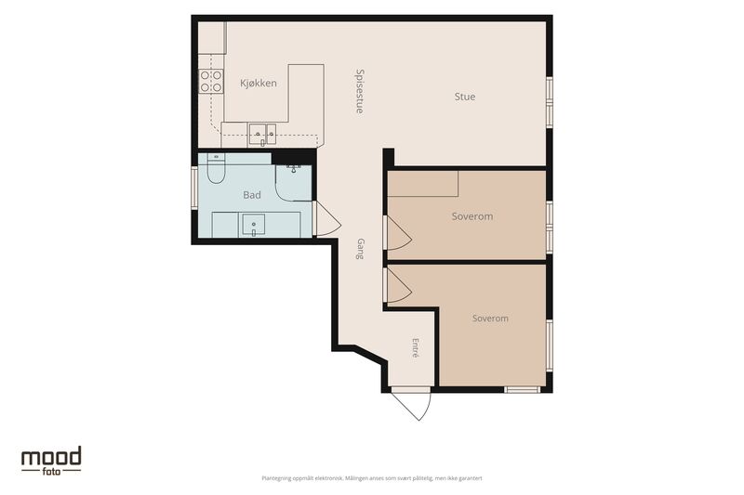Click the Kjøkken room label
click(x=259, y=84)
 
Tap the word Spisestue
click(x=360, y=91)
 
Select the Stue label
click(x=464, y=97)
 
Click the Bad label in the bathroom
click(x=252, y=195)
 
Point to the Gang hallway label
click(x=360, y=249)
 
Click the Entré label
click(x=416, y=347)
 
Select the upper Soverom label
click(x=472, y=216)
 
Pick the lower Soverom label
click(x=490, y=319)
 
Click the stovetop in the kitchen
click(x=211, y=81)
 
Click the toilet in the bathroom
click(x=216, y=169)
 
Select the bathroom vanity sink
click(x=254, y=225)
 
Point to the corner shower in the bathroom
click(x=294, y=183)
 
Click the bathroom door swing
click(x=327, y=218)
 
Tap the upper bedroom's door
click(x=398, y=233)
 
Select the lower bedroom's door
click(x=398, y=285)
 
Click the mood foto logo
click(x=51, y=461)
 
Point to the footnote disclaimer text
click(x=372, y=478)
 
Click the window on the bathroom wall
click(x=194, y=187)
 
